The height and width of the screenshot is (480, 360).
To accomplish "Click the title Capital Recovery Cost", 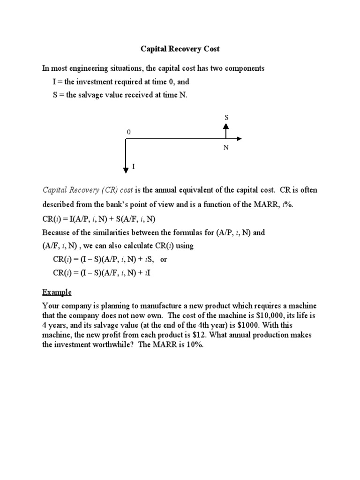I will (x=180, y=48).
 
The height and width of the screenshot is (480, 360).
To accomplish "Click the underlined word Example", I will (x=57, y=292).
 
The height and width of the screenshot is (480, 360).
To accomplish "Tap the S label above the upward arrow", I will (x=226, y=117).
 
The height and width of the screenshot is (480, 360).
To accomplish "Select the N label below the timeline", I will (x=226, y=147).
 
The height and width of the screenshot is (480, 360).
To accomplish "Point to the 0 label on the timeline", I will (x=128, y=133).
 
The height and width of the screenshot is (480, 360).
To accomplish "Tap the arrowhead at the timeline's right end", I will (x=239, y=139).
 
